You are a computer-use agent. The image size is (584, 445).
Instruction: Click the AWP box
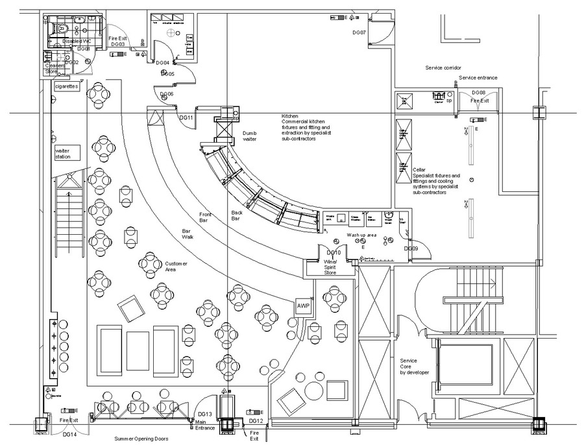click(304, 306)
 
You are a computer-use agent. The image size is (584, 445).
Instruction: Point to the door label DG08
click(479, 93)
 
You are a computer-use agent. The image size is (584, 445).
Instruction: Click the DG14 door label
click(68, 433)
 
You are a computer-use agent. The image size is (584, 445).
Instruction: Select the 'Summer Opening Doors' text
click(141, 439)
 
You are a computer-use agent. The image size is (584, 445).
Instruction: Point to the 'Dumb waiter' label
click(250, 136)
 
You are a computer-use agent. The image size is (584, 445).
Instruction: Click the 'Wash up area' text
click(361, 235)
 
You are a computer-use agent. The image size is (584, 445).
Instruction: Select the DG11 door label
click(187, 117)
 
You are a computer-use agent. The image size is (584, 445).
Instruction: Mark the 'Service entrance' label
click(478, 78)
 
